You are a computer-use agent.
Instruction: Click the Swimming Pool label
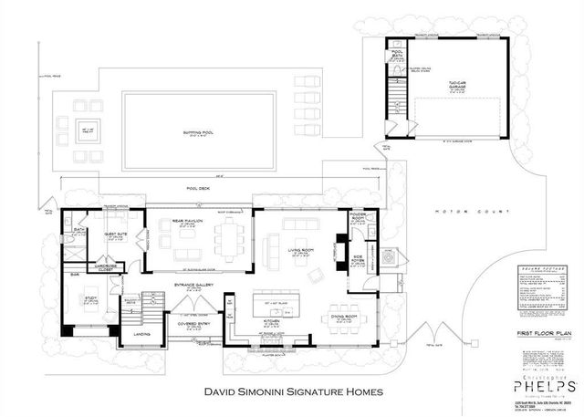point(190,132)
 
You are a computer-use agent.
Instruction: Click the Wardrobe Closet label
point(99,269)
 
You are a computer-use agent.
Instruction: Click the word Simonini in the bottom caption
point(274,393)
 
